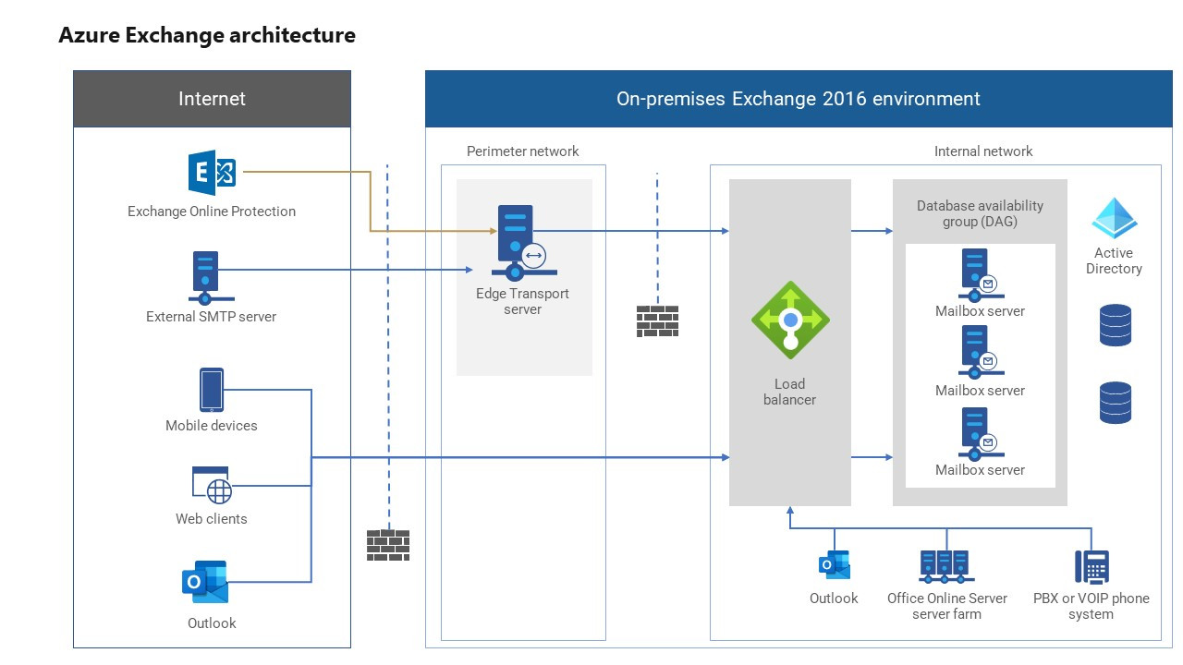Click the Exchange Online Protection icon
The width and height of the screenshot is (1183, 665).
pyautogui.click(x=212, y=173)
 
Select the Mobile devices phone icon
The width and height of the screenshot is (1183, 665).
pyautogui.click(x=212, y=390)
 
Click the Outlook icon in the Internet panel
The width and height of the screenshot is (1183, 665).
pyautogui.click(x=205, y=582)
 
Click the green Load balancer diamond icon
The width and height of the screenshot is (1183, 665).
pyautogui.click(x=790, y=320)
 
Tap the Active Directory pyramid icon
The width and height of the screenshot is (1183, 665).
pyautogui.click(x=1114, y=219)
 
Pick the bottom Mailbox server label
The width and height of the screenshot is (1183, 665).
pyautogui.click(x=980, y=470)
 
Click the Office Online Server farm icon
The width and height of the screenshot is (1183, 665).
pyautogui.click(x=945, y=565)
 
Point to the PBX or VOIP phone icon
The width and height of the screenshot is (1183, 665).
pyautogui.click(x=1092, y=566)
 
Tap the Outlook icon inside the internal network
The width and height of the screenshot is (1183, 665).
pyautogui.click(x=834, y=565)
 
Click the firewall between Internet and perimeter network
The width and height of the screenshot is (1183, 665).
pyautogui.click(x=387, y=545)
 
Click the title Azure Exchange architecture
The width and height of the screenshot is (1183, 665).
pyautogui.click(x=207, y=35)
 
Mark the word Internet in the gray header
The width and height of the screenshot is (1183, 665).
pyautogui.click(x=212, y=99)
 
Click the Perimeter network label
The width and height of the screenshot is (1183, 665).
pyautogui.click(x=522, y=151)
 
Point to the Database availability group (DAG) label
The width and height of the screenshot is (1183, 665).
pyautogui.click(x=980, y=213)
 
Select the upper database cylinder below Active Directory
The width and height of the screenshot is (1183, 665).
pyautogui.click(x=1115, y=325)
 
